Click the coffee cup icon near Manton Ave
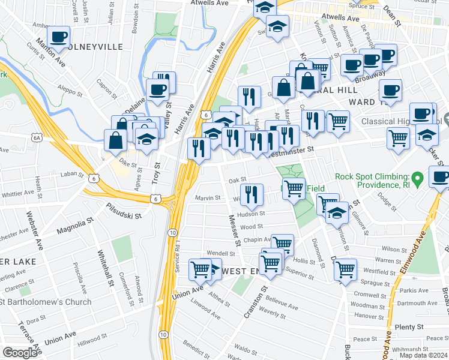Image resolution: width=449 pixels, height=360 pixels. pos(59,38)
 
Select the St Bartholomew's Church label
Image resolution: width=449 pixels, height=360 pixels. pos(46,302)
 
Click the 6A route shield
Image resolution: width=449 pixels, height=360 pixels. pos(37,137)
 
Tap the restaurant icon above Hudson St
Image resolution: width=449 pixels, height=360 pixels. pos(251,194)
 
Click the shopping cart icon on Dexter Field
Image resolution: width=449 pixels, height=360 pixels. pos(294,188)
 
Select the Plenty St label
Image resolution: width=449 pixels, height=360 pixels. pos(410,327)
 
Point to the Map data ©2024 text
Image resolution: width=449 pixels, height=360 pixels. pos(423,355)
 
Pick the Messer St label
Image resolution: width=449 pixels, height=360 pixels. pos(235,230)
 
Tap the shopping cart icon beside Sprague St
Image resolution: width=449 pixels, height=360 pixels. pos(345,269)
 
